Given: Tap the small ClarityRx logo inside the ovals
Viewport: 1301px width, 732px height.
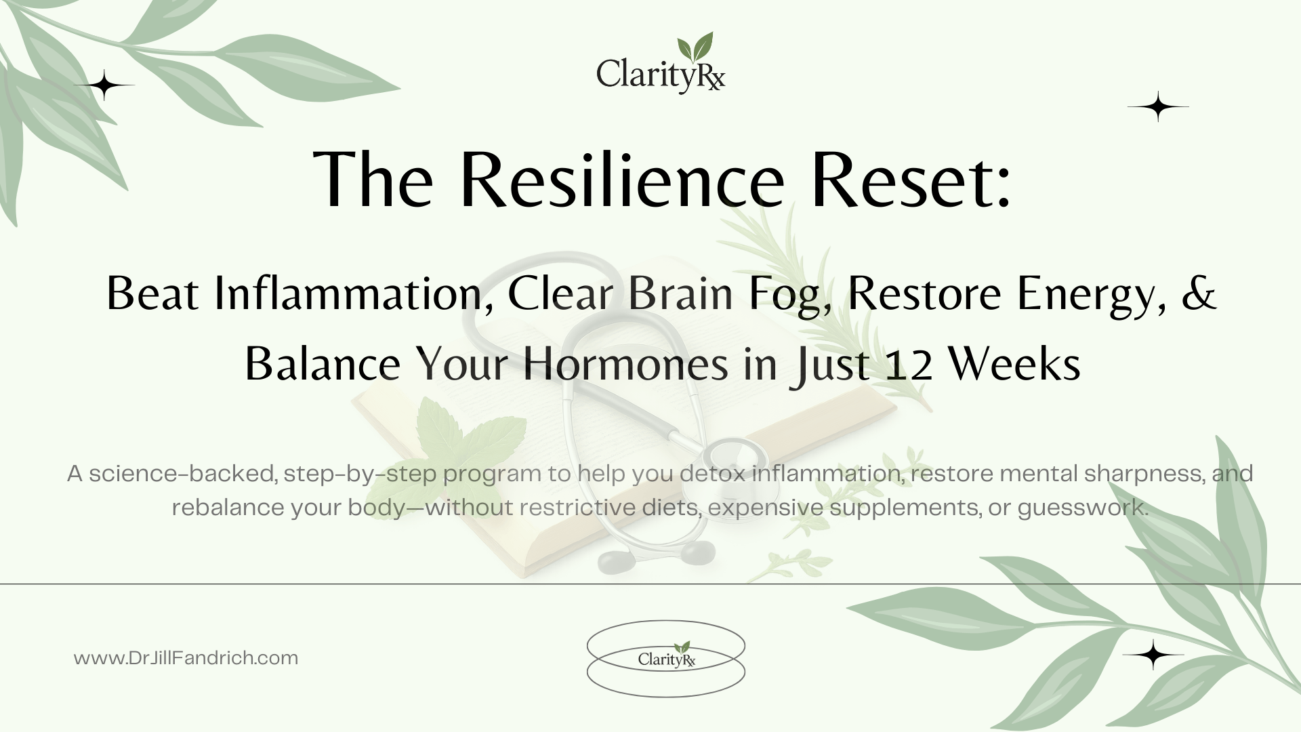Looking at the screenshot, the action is pyautogui.click(x=666, y=656).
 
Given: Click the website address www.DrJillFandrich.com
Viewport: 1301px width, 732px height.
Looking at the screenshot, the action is pyautogui.click(x=186, y=658).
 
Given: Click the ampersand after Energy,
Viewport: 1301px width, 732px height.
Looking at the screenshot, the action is pyautogui.click(x=1199, y=294).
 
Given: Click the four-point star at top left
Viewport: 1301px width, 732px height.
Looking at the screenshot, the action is pyautogui.click(x=104, y=85).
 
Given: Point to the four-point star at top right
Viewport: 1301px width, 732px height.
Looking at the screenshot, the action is pyautogui.click(x=1158, y=106).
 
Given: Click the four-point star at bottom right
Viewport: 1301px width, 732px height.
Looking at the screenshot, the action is pyautogui.click(x=1153, y=655).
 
